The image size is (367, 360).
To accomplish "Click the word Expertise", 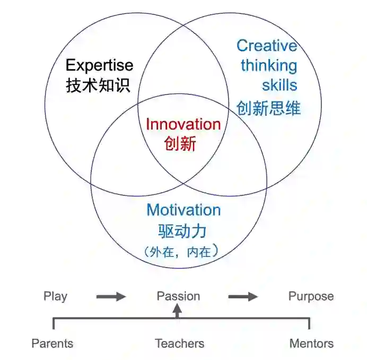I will pyautogui.click(x=99, y=65).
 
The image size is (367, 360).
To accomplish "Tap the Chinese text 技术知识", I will pyautogui.click(x=98, y=85).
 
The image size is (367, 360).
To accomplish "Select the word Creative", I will pyautogui.click(x=266, y=46).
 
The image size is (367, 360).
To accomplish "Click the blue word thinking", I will pyautogui.click(x=269, y=66).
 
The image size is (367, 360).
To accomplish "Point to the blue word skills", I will pyautogui.click(x=279, y=85).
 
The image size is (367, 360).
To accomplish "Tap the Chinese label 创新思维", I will pyautogui.click(x=268, y=108).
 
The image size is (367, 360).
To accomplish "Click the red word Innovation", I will pyautogui.click(x=183, y=124).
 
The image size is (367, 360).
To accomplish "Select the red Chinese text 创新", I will pyautogui.click(x=180, y=143).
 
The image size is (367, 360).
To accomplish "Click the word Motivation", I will pyautogui.click(x=183, y=210).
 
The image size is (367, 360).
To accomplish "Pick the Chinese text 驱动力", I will pyautogui.click(x=182, y=231).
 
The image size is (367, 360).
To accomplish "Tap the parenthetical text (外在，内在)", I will pyautogui.click(x=181, y=252).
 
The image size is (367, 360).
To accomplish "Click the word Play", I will pyautogui.click(x=55, y=296).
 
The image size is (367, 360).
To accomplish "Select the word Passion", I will pyautogui.click(x=178, y=296).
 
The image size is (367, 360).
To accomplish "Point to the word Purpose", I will pyautogui.click(x=311, y=296).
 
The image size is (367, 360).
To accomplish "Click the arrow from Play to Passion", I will pyautogui.click(x=111, y=296).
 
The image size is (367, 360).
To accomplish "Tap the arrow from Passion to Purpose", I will pyautogui.click(x=243, y=296).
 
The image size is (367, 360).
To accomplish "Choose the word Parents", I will pyautogui.click(x=52, y=343).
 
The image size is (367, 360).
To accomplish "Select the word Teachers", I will pyautogui.click(x=179, y=343).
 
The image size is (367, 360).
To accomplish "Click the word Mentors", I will pyautogui.click(x=311, y=343).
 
